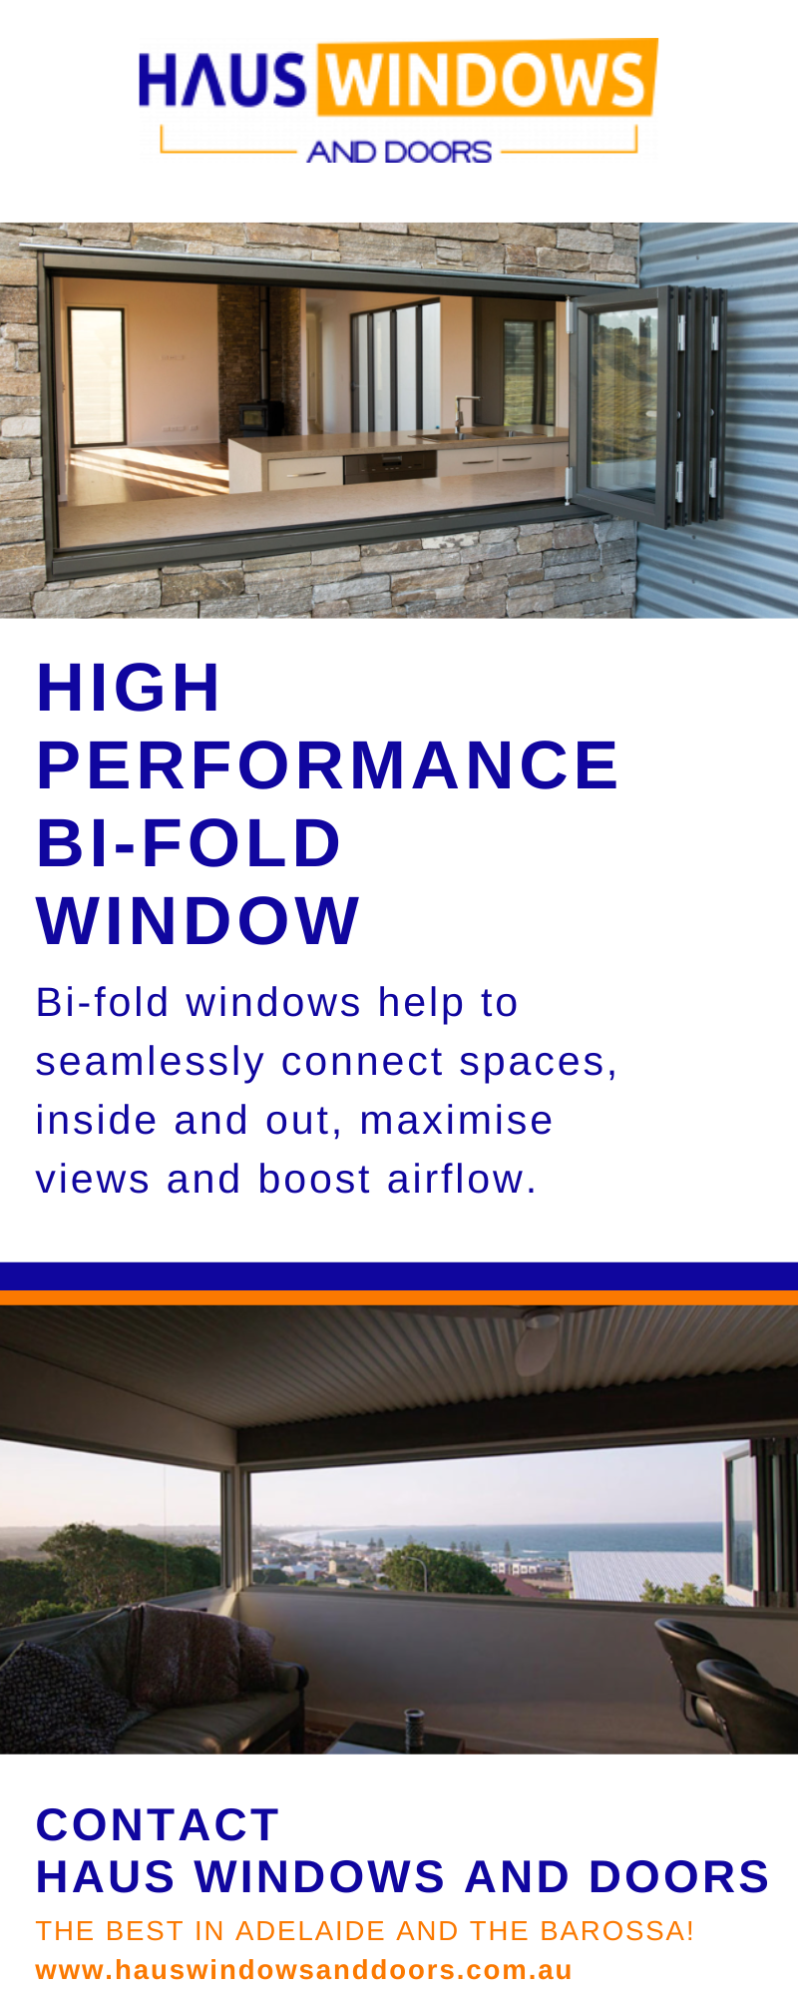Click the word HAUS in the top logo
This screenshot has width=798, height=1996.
[x=222, y=80]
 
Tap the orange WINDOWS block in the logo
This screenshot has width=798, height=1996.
[x=488, y=78]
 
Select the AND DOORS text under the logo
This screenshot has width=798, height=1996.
[x=399, y=152]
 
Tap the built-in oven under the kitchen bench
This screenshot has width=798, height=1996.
[x=389, y=465]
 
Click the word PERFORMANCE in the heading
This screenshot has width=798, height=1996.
[x=328, y=764]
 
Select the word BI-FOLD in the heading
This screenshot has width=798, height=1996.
[x=190, y=842]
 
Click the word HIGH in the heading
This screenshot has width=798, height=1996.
[x=129, y=688]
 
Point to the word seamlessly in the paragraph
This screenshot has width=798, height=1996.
[x=150, y=1062]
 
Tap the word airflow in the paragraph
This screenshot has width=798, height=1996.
[x=462, y=1180]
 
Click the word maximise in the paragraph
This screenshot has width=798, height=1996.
[x=456, y=1121]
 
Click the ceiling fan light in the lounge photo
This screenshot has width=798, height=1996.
[x=540, y=1342]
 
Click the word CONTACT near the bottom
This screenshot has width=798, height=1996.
[x=158, y=1824]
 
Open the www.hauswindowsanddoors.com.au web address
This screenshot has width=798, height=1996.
[x=304, y=1970]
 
